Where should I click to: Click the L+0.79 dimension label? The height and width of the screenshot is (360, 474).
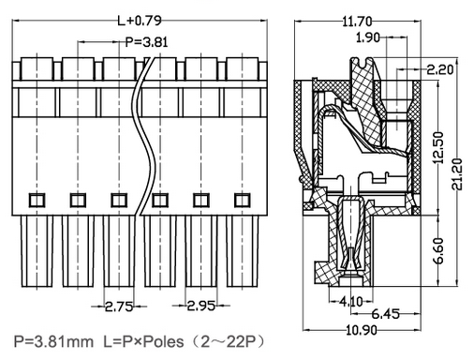[138, 19]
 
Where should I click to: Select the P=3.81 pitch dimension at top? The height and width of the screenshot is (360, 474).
[144, 41]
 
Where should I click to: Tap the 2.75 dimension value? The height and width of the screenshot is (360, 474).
[119, 307]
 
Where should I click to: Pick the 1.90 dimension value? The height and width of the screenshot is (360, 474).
[367, 38]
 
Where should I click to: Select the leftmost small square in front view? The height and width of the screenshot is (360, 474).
[36, 200]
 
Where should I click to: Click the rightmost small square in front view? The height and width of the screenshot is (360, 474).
[243, 200]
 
